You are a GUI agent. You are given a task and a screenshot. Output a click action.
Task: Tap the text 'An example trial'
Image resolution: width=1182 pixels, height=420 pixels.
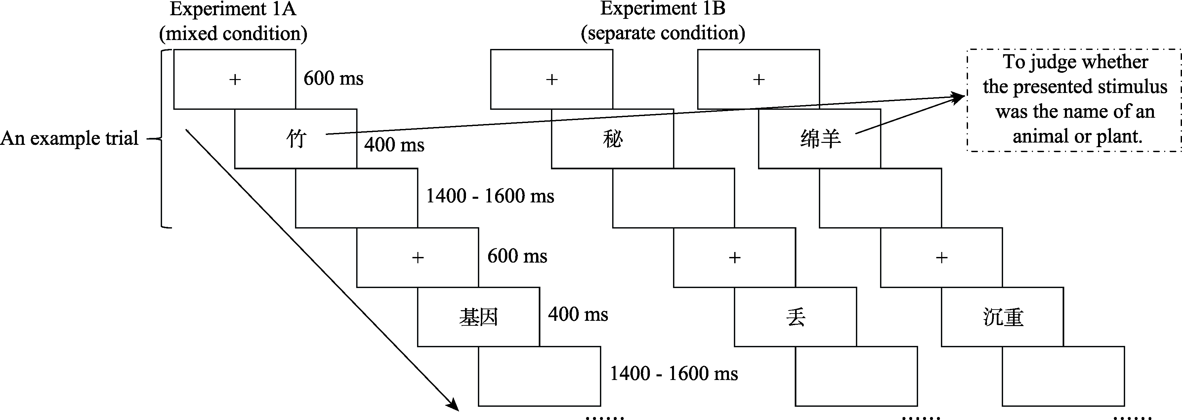tap(69, 138)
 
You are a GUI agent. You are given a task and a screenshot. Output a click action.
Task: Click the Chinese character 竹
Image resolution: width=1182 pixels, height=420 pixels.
tap(296, 139)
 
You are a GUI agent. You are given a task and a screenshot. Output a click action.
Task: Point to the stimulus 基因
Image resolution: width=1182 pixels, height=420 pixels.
tap(479, 317)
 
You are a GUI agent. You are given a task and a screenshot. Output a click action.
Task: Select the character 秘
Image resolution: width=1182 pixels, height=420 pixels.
tap(612, 139)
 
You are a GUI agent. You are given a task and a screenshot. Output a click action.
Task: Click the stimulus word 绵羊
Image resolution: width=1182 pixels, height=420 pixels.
tap(821, 139)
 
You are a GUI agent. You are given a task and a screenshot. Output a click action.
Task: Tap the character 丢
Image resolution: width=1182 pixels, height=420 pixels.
tap(796, 317)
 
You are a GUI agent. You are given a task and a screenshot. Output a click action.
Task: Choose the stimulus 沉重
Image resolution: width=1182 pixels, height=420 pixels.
tap(1003, 317)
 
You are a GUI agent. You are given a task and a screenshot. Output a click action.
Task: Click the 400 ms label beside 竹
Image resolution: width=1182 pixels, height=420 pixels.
tap(394, 145)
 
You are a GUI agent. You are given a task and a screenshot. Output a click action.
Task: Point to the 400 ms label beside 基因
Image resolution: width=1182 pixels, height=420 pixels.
tap(578, 315)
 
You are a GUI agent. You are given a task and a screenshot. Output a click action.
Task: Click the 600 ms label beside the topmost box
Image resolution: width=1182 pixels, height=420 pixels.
tap(333, 78)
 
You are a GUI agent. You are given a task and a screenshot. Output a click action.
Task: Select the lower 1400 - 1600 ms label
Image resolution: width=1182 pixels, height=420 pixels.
tap(674, 374)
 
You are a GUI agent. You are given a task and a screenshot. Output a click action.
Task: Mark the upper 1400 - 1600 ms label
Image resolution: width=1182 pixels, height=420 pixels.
tap(490, 196)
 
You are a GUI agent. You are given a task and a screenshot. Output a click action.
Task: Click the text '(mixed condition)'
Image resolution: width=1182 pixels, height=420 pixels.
tap(233, 33)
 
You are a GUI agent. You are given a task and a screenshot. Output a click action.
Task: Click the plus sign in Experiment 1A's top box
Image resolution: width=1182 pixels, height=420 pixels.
tap(235, 79)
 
